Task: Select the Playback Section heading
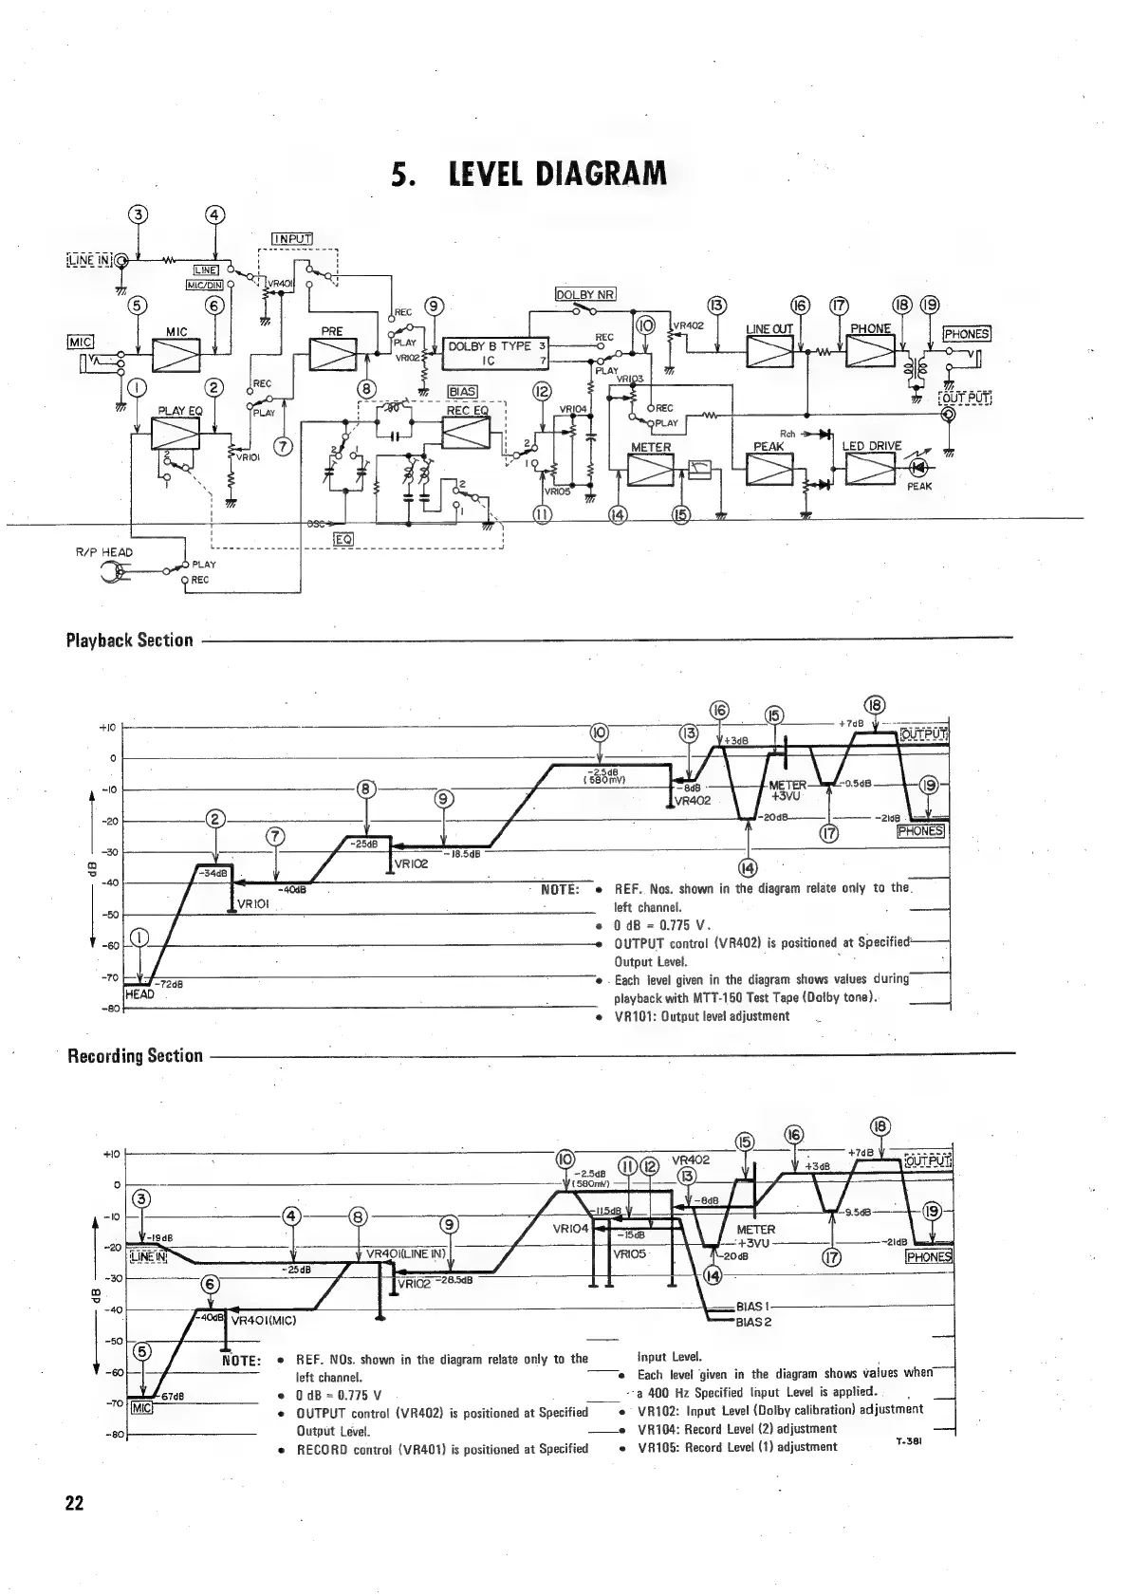pos(129,640)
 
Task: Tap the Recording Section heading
pos(135,1055)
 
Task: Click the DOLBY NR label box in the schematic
pos(584,294)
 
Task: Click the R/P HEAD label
pos(104,552)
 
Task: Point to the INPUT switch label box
pos(292,238)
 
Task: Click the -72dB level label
pos(168,984)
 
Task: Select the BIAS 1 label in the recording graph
pos(754,1307)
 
